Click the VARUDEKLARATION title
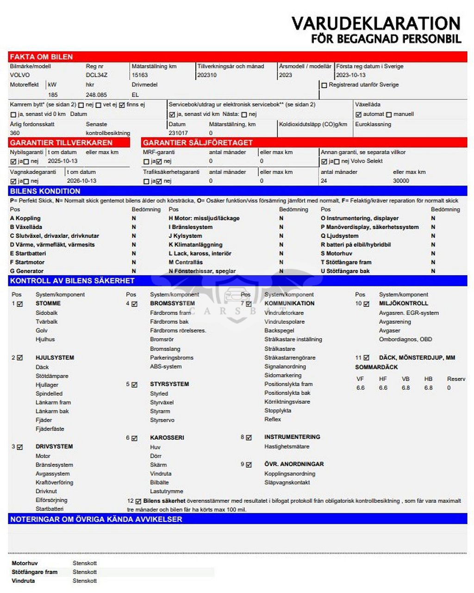376,23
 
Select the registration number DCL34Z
97,75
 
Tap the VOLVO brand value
19,75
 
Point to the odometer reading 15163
140,75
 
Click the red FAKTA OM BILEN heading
42,57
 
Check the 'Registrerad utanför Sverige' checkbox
324,85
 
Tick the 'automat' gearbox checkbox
358,114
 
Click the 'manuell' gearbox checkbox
389,114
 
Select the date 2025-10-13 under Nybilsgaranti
62,161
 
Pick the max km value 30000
401,181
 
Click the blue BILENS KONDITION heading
45,191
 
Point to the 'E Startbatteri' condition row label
28,253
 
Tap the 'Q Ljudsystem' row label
340,236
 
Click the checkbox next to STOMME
20,304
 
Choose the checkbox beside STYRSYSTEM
134,384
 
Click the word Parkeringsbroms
172,358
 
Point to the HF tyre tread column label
383,379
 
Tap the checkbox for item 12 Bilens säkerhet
138,501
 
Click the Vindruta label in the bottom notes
23,581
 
